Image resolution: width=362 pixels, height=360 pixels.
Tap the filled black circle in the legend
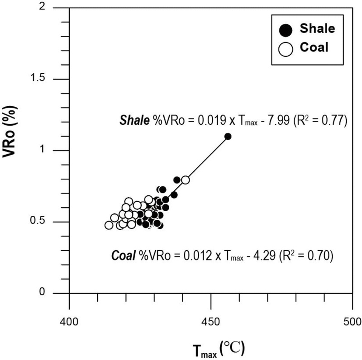point(286,30)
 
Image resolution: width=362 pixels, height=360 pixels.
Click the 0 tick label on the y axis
point(57,293)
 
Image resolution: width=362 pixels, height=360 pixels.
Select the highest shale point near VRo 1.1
point(228,136)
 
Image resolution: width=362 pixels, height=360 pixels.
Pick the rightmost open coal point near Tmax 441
point(185,180)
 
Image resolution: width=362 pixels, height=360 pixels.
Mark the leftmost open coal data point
point(109,225)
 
